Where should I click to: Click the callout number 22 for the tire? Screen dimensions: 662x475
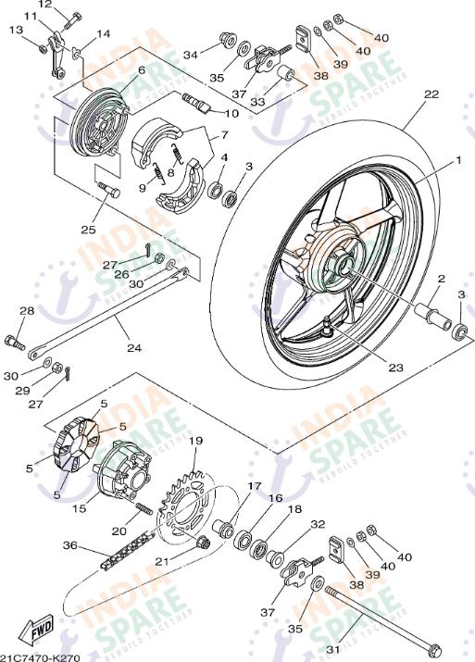click(x=431, y=94)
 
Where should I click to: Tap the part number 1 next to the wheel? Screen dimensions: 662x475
click(x=456, y=160)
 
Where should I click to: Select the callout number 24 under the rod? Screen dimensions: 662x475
click(x=134, y=349)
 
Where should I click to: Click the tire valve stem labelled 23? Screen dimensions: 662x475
click(x=331, y=327)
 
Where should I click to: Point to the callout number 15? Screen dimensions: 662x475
click(x=80, y=508)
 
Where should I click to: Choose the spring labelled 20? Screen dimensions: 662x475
click(x=144, y=510)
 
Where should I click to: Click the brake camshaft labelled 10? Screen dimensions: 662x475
click(x=200, y=104)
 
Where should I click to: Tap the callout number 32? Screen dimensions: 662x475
click(x=318, y=524)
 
